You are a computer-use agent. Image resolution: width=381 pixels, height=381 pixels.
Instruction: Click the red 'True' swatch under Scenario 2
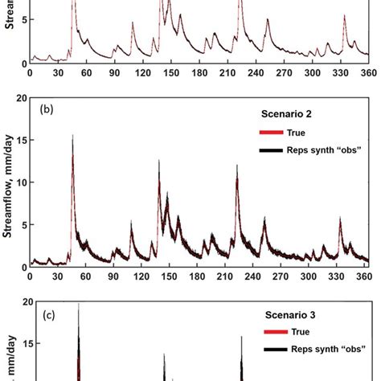point(272,133)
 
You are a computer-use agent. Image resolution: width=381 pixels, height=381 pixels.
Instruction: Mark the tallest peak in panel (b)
point(73,137)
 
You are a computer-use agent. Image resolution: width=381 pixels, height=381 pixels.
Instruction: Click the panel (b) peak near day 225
point(237,167)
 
